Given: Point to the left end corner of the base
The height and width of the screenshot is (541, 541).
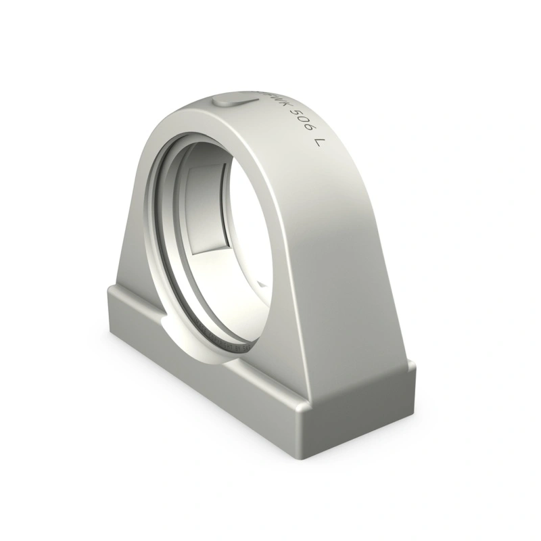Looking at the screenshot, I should point(108,291).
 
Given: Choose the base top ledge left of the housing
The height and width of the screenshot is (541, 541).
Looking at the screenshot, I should point(135,298).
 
